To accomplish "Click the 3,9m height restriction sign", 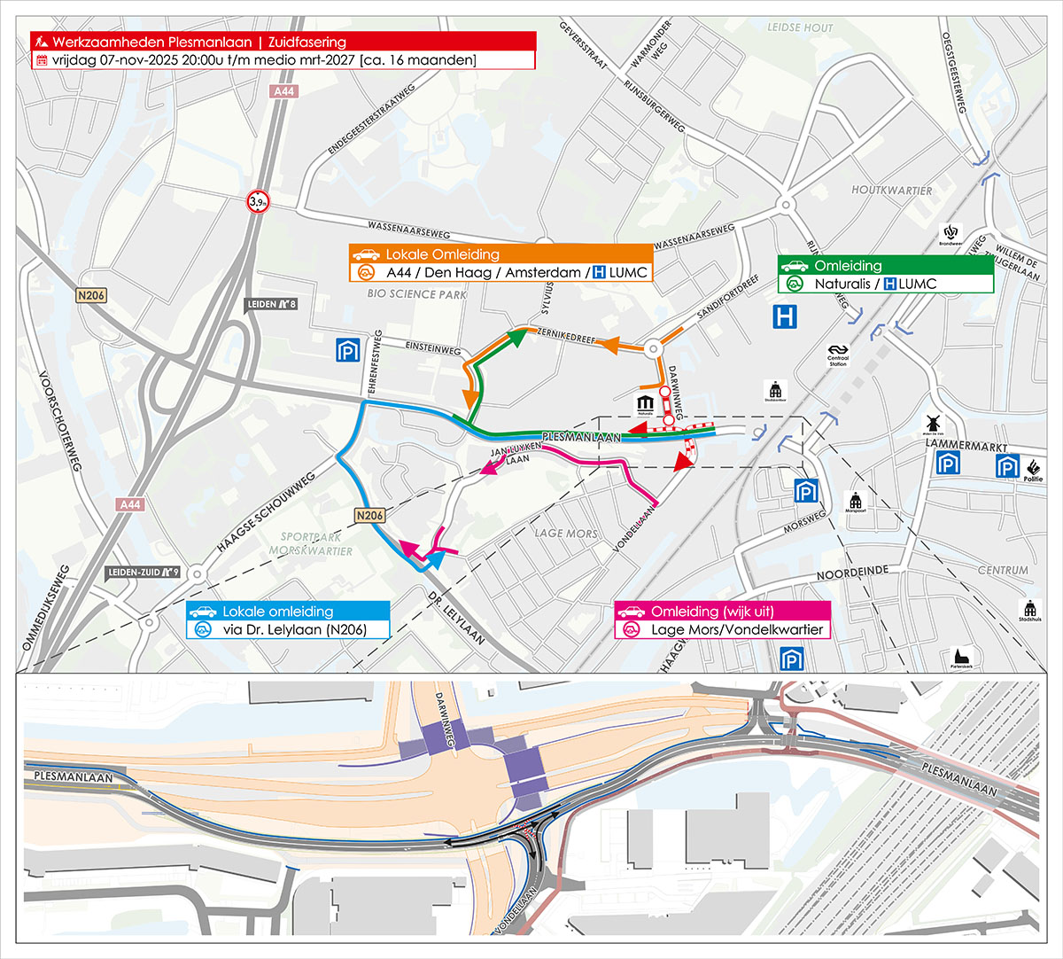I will (258, 202).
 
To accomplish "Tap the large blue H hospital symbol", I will (785, 317).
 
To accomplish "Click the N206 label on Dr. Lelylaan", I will (369, 515).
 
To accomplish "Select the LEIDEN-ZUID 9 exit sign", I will (144, 573).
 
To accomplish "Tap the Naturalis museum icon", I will (645, 405).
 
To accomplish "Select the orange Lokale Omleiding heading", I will (500, 254).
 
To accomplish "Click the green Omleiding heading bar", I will (886, 265).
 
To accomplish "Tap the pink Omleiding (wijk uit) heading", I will (722, 612).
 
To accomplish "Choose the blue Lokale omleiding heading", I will (288, 612).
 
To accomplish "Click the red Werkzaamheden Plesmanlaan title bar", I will (283, 42).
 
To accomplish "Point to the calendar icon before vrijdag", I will (42, 60).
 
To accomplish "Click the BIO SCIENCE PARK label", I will (416, 294).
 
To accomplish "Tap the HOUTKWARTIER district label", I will (891, 191).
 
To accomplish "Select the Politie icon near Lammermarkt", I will (1033, 469).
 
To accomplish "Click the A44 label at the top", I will (283, 91).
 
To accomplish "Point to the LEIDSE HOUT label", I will (800, 27).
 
